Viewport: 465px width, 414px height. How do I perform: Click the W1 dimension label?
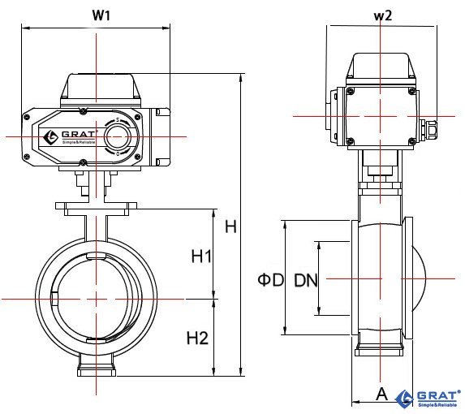point(101,15)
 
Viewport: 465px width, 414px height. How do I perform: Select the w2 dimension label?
point(382,15)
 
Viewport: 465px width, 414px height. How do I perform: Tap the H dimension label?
point(230,226)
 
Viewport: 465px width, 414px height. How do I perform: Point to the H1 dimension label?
point(201,257)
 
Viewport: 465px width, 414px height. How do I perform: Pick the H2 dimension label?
point(197,338)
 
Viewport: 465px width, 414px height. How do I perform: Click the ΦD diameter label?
point(271,280)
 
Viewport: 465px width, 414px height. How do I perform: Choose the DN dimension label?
point(306,280)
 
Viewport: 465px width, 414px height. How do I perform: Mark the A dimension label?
point(382,395)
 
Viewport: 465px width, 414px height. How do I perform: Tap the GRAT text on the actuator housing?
point(79,134)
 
